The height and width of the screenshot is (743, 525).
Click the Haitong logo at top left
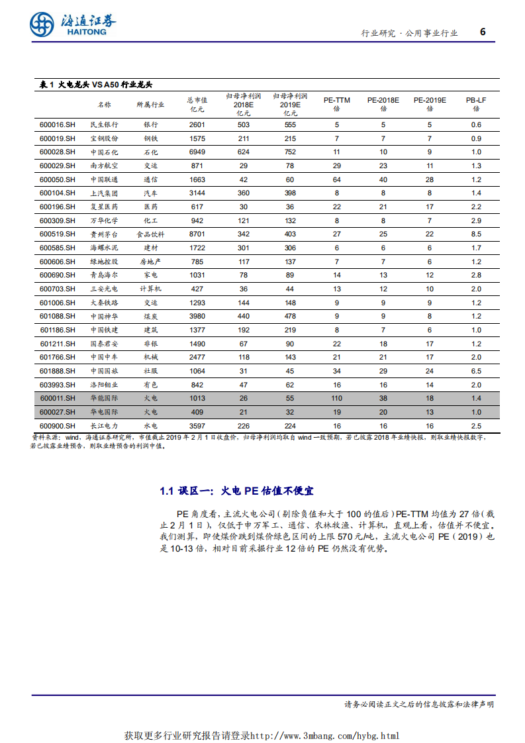(x=72, y=25)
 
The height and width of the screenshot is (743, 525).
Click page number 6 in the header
(x=482, y=31)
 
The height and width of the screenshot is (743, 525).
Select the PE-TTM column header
(x=336, y=103)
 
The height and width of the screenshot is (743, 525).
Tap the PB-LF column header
(x=475, y=103)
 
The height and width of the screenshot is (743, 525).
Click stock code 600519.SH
(x=58, y=234)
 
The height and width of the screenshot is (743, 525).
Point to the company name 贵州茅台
(x=104, y=234)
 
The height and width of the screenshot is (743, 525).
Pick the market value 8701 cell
(x=197, y=234)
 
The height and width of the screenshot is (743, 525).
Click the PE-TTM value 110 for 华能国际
(x=336, y=398)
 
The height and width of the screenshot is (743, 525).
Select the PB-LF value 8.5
(x=475, y=234)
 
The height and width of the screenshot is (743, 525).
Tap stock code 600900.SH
(x=58, y=426)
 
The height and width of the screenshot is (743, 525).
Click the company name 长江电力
(x=104, y=426)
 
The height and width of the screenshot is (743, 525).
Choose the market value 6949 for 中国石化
(x=197, y=152)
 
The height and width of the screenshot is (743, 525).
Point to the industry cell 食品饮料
(x=150, y=234)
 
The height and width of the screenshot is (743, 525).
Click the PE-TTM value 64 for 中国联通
(x=336, y=179)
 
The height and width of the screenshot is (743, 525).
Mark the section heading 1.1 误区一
(x=236, y=491)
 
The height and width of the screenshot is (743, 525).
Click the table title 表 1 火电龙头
(x=96, y=85)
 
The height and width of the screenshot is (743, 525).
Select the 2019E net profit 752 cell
(x=290, y=152)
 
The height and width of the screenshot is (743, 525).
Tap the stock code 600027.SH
(x=58, y=412)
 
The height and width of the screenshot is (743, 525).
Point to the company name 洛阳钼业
(x=104, y=385)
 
